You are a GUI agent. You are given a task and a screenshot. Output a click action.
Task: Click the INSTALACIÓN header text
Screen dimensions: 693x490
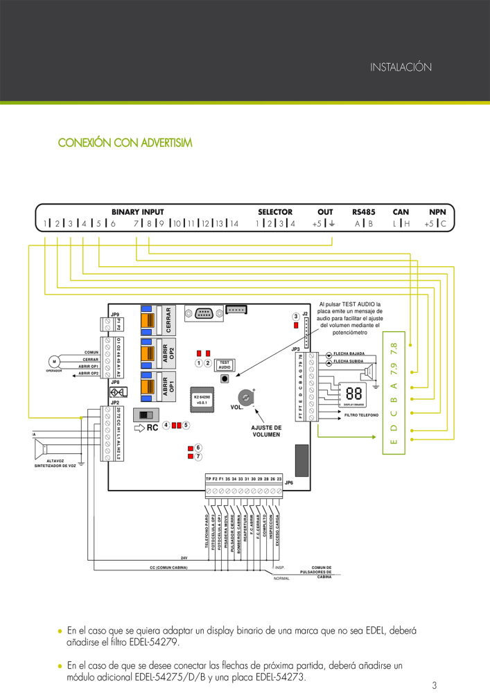401,67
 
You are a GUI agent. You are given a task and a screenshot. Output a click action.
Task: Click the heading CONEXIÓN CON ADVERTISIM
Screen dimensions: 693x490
125,143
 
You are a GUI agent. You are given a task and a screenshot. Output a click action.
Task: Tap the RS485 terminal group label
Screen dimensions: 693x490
363,211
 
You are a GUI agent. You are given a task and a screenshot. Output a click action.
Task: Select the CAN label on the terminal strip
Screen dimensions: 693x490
401,211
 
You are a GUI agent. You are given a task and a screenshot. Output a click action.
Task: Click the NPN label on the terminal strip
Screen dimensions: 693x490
437,211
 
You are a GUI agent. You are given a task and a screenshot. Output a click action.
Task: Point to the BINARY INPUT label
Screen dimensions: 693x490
137,211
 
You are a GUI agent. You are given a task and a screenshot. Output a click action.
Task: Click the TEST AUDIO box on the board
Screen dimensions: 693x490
225,365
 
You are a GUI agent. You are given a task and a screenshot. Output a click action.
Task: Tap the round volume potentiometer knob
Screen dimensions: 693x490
246,396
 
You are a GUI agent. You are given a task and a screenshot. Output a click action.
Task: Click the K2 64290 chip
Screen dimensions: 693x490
202,399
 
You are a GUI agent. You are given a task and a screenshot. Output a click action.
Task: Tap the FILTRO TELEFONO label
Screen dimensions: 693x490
362,414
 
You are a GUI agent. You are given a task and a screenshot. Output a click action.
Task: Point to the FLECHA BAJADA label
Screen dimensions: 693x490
349,353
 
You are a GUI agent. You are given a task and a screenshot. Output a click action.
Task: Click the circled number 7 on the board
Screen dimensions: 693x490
198,457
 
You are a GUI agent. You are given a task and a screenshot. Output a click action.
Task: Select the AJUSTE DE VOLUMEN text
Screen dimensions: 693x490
266,431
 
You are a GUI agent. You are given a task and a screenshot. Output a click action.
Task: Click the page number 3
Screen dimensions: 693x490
434,685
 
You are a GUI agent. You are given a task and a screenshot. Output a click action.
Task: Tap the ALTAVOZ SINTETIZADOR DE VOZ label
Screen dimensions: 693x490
55,463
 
